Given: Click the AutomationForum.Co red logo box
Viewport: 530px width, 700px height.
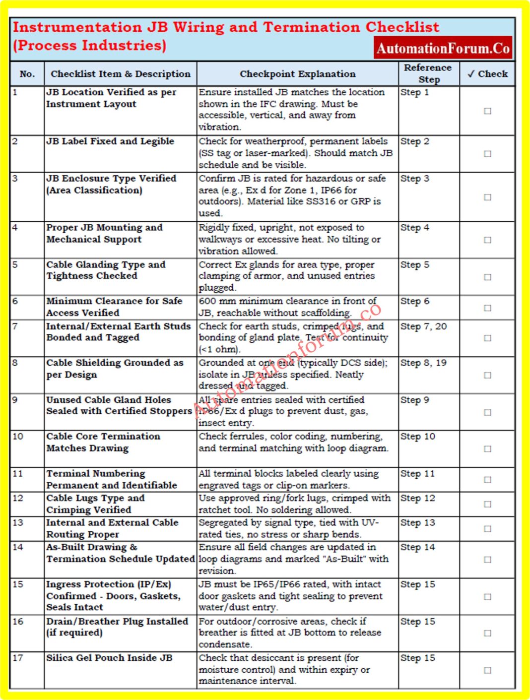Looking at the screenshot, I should pyautogui.click(x=443, y=48).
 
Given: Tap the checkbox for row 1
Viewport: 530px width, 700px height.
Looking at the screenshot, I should pyautogui.click(x=487, y=111).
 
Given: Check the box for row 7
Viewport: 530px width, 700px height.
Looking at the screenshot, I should pyautogui.click(x=487, y=338).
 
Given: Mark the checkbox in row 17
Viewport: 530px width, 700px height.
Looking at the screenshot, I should pyautogui.click(x=487, y=670).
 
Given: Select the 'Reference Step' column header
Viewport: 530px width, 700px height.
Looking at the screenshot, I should pyautogui.click(x=428, y=73).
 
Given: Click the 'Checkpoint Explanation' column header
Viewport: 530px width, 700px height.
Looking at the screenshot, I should pyautogui.click(x=297, y=74).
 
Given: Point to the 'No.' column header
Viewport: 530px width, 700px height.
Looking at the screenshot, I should pyautogui.click(x=27, y=74).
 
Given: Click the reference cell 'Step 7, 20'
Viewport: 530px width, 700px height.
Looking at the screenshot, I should pyautogui.click(x=423, y=326).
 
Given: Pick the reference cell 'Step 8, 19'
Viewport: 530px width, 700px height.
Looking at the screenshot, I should pyautogui.click(x=423, y=363).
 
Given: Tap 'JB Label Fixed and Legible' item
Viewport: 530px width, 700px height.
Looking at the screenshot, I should pyautogui.click(x=110, y=141).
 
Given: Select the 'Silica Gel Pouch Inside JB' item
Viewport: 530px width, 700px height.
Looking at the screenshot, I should pyautogui.click(x=109, y=658).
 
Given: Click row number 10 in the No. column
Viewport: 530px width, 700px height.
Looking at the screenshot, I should pyautogui.click(x=18, y=437).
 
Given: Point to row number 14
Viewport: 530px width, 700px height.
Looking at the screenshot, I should pyautogui.click(x=18, y=547).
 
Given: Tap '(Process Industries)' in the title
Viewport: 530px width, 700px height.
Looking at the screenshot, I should pyautogui.click(x=89, y=46).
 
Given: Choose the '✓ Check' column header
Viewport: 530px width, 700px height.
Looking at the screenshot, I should pyautogui.click(x=487, y=74).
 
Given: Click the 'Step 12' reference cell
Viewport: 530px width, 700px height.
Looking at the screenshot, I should pyautogui.click(x=417, y=498).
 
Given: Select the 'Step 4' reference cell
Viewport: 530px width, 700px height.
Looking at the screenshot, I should pyautogui.click(x=415, y=228).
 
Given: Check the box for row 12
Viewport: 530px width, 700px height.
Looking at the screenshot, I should pyautogui.click(x=487, y=504).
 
